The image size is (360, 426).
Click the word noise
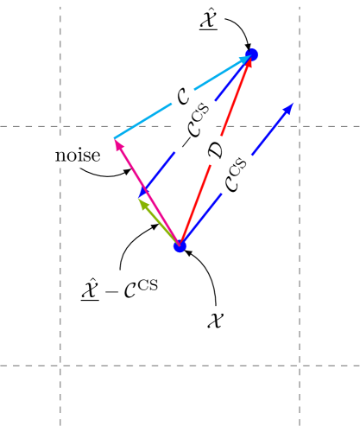click(x=78, y=156)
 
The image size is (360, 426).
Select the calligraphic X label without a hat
click(x=216, y=320)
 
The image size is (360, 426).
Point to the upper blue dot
click(x=252, y=54)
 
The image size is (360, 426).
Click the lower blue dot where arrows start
click(x=180, y=246)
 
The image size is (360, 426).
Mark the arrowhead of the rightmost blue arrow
click(x=290, y=106)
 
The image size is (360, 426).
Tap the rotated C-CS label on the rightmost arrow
click(x=242, y=173)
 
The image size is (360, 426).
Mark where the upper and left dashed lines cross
click(x=60, y=126)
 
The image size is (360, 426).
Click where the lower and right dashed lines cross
click(x=300, y=366)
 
